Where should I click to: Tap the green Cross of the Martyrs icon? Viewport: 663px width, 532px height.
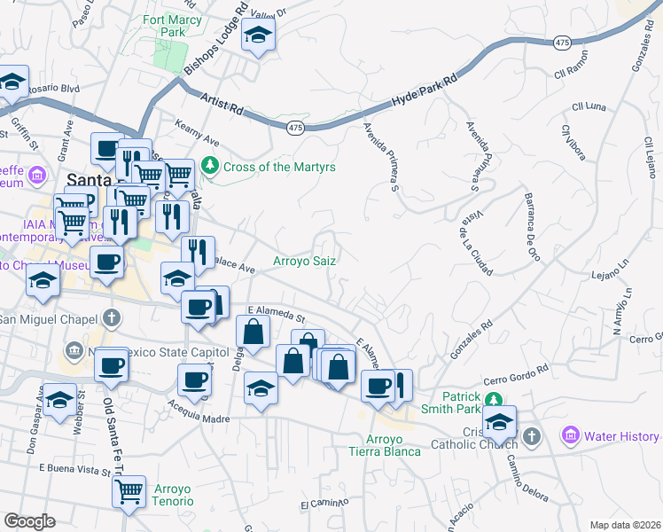(210, 165)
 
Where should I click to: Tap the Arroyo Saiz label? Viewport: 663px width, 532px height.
(303, 261)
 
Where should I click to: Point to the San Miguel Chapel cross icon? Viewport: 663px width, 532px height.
(111, 317)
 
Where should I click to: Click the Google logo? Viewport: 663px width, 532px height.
(29, 521)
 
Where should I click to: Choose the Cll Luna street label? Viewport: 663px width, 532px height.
(589, 107)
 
